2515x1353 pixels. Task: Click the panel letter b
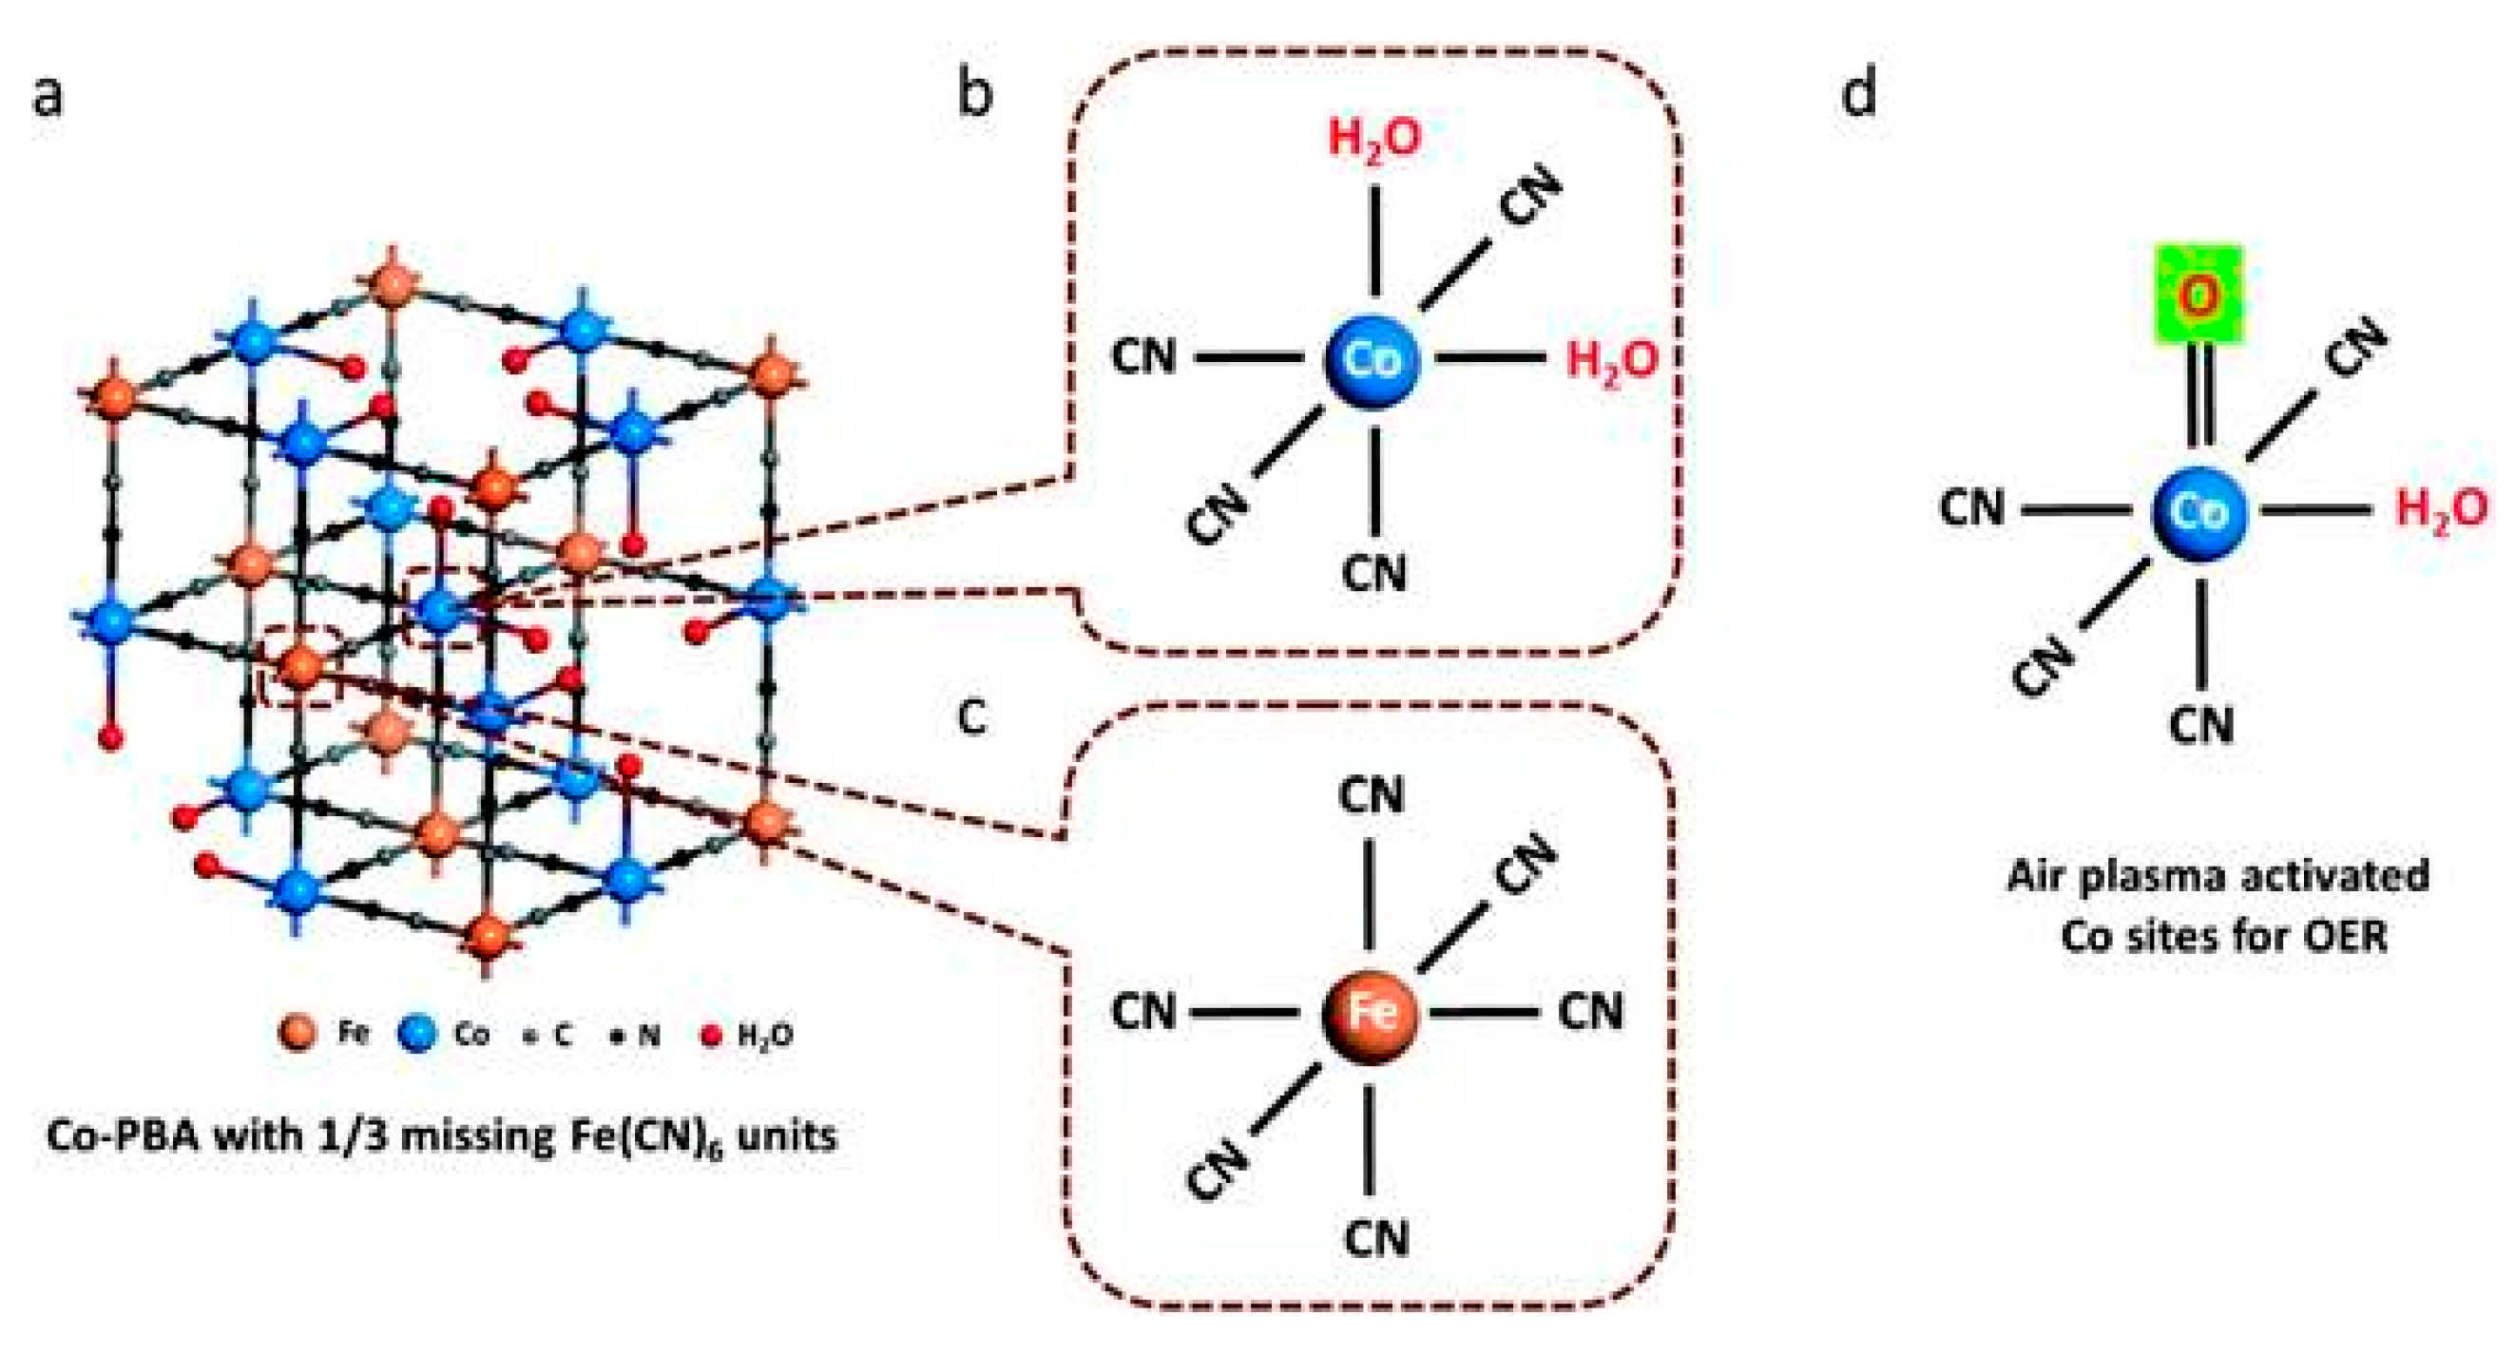[974, 95]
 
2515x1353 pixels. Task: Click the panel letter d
[1858, 95]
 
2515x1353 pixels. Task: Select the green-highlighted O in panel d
[2198, 296]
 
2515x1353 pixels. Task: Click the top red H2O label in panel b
[1374, 139]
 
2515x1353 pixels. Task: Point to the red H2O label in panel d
[2441, 508]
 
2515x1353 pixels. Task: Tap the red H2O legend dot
[712, 1035]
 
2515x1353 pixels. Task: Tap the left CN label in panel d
[1971, 508]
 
